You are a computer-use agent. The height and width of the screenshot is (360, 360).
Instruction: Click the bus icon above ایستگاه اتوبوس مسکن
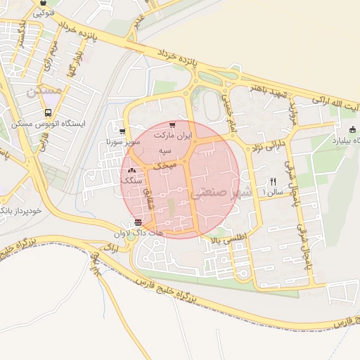coord(48,112)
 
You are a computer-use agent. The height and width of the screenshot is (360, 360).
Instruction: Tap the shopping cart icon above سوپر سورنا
coord(123,131)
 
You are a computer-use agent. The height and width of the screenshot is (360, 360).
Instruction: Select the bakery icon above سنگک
coord(132,170)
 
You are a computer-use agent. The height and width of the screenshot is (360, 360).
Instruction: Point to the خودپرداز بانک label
coord(21,210)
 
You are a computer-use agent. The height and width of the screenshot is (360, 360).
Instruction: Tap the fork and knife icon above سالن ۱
coord(273,181)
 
